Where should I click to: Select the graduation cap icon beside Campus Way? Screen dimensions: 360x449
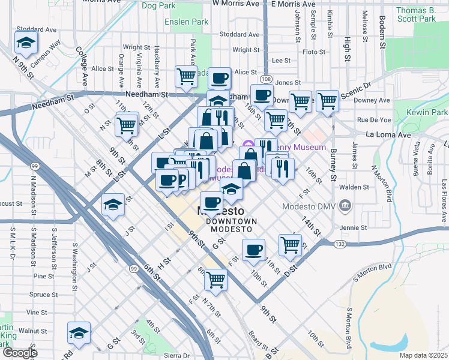tap(26, 43)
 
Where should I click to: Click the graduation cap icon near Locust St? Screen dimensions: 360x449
tap(113, 206)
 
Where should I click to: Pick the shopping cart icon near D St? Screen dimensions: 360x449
tap(290, 245)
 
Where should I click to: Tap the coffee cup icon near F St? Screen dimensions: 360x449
tap(253, 250)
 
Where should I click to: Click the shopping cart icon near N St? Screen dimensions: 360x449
tap(126, 125)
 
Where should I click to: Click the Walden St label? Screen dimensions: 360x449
tap(352, 187)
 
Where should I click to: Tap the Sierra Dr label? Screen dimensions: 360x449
tap(176, 355)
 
